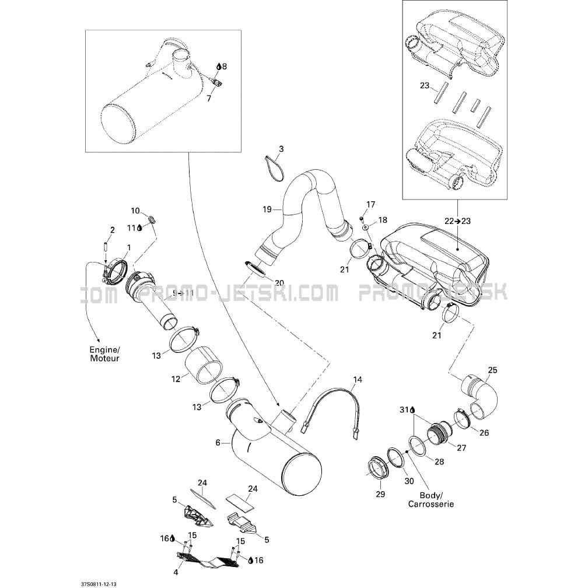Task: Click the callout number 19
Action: [x=267, y=209]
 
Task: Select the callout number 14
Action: [x=358, y=380]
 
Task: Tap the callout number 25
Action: [x=492, y=370]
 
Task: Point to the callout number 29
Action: [x=380, y=494]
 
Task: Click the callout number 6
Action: [x=218, y=443]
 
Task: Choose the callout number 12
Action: [x=176, y=379]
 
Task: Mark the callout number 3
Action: [x=281, y=149]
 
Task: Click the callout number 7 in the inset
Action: [x=209, y=98]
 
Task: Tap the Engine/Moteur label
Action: [x=104, y=353]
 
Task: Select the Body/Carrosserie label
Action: [x=431, y=499]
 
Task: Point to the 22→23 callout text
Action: [x=457, y=221]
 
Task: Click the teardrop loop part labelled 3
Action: [x=272, y=168]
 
